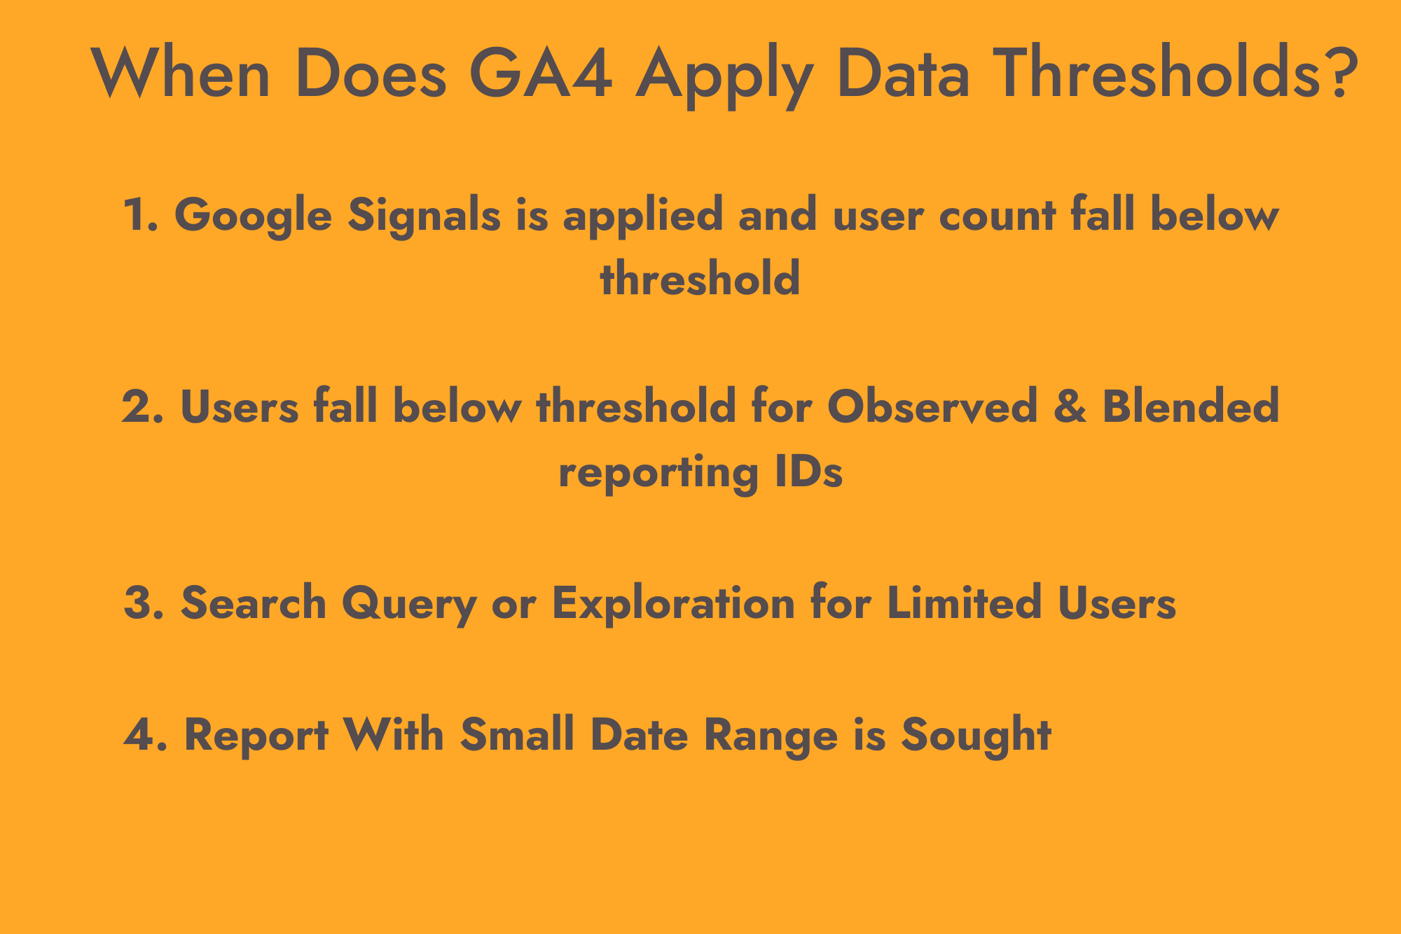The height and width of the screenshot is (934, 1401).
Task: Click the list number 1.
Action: pyautogui.click(x=138, y=214)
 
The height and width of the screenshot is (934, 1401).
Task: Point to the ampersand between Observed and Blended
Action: pyautogui.click(x=1070, y=406)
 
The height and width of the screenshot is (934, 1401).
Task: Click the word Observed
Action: pyautogui.click(x=932, y=406)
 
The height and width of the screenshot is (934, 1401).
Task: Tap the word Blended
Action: pyautogui.click(x=1190, y=406)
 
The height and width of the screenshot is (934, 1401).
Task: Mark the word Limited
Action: pyautogui.click(x=965, y=603)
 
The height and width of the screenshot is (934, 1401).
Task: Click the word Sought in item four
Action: pyautogui.click(x=976, y=736)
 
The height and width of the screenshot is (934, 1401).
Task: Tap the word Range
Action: pyautogui.click(x=771, y=736)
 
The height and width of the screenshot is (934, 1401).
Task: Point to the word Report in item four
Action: pyautogui.click(x=256, y=736)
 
